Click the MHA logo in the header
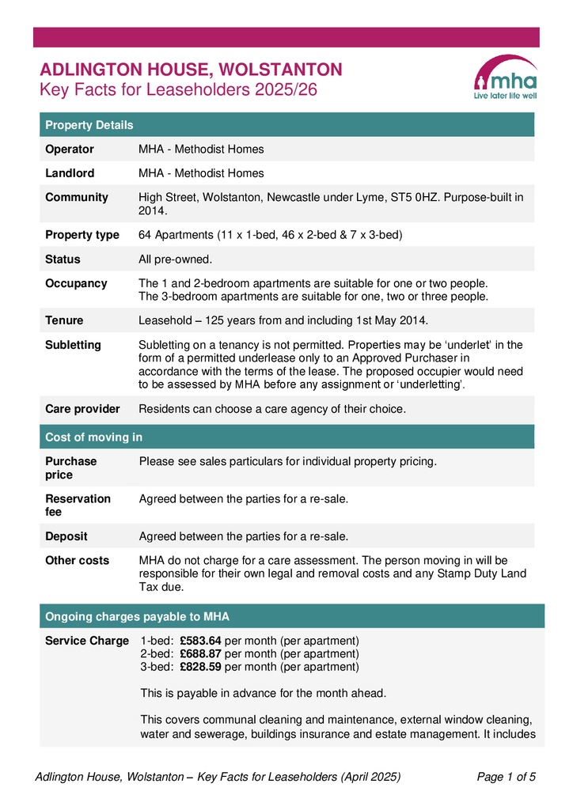(x=505, y=78)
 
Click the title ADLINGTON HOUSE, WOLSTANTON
(x=191, y=70)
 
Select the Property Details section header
(x=89, y=125)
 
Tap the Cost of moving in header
(x=93, y=437)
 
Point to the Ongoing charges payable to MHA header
(x=137, y=616)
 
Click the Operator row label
(x=70, y=149)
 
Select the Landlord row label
(x=70, y=173)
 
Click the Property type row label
(x=82, y=235)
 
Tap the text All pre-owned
(x=176, y=259)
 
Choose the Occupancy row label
(x=76, y=283)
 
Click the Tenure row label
(x=64, y=320)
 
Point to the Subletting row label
(x=73, y=345)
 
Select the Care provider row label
(x=82, y=409)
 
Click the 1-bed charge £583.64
(x=200, y=641)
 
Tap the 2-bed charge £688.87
(x=200, y=654)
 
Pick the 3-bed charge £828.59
(x=200, y=667)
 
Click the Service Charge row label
(x=87, y=641)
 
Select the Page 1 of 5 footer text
(x=507, y=777)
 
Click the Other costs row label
(x=78, y=560)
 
